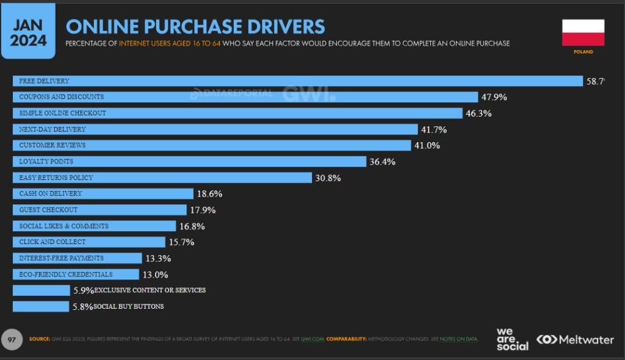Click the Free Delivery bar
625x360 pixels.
[298, 81]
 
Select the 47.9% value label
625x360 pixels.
[494, 97]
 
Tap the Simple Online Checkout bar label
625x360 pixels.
[63, 113]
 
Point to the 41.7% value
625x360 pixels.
[434, 129]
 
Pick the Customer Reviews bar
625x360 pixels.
[211, 145]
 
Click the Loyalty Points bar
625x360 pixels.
[189, 162]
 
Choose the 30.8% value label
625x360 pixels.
[327, 178]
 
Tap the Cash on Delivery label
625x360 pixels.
[51, 193]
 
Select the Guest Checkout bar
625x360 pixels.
[99, 210]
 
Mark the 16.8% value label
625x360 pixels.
[191, 226]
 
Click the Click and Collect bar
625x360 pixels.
[89, 242]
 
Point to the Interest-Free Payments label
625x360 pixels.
[62, 258]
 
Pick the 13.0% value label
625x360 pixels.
[155, 275]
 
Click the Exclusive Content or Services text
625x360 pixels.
[150, 290]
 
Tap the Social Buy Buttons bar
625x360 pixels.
[41, 306]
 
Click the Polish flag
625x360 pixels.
[583, 32]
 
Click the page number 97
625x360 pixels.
[12, 338]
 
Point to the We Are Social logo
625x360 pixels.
[512, 339]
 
